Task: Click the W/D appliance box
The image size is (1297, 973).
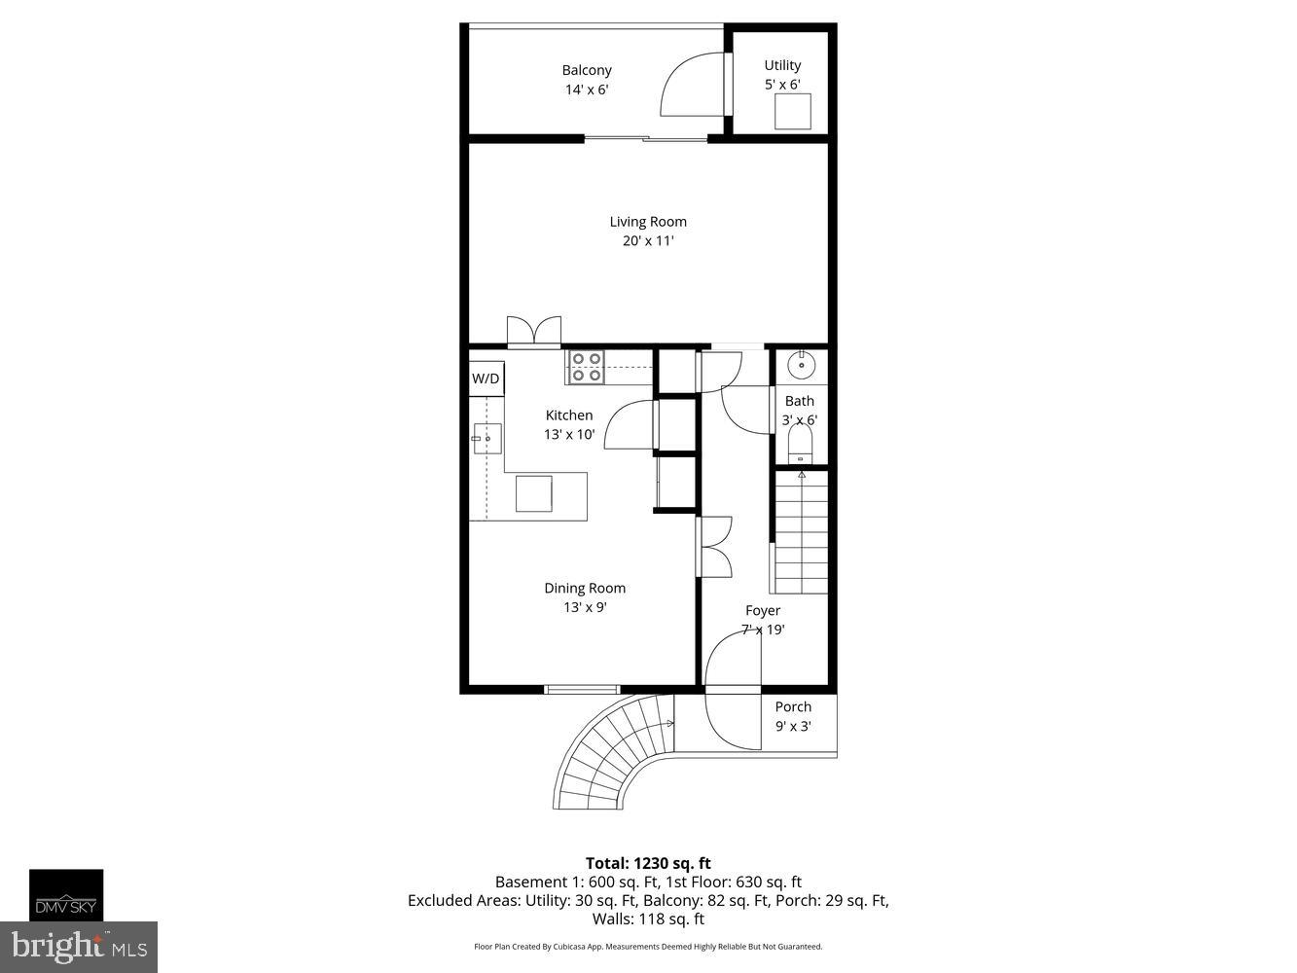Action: coord(486,378)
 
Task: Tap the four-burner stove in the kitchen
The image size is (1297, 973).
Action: coord(586,367)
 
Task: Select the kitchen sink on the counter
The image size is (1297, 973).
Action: coord(486,439)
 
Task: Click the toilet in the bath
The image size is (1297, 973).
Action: coord(800,448)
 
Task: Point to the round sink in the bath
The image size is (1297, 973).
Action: coord(801,366)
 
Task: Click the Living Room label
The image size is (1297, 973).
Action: coord(648,222)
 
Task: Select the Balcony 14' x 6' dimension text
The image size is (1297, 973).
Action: coord(587,90)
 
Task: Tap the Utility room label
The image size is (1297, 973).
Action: coord(782,65)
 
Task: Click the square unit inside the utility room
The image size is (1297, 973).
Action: coord(792,112)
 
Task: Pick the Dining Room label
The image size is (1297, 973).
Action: coord(585,588)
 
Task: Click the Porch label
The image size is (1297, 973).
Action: coord(793,707)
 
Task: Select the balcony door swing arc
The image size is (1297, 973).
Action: coord(691,84)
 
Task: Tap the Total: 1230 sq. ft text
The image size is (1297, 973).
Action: coord(648,863)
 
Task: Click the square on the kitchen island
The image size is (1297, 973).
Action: coord(533,493)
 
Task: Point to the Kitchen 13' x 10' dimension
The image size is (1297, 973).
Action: coord(569,435)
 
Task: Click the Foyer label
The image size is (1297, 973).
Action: coord(763,611)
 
